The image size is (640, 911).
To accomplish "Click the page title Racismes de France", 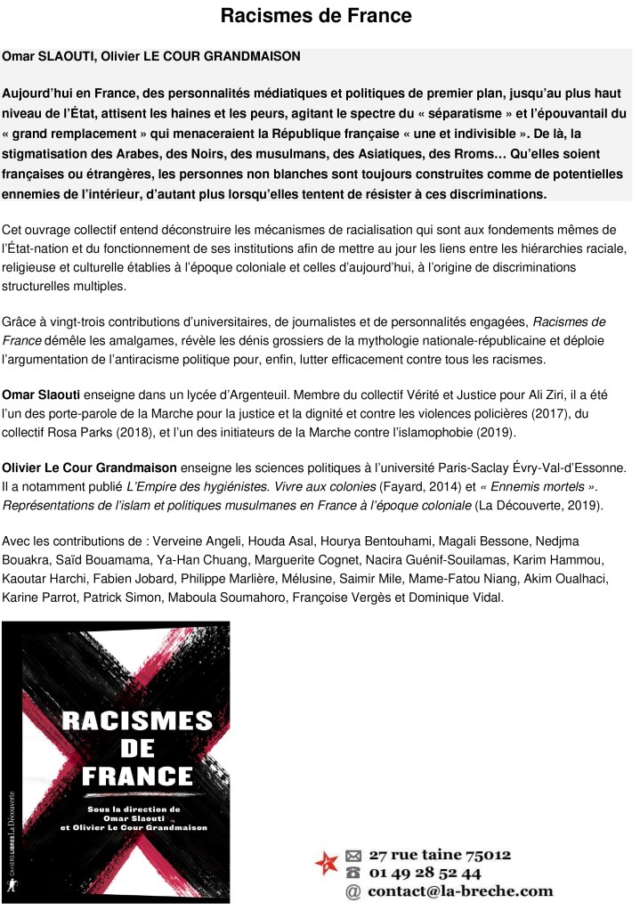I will tap(316, 16).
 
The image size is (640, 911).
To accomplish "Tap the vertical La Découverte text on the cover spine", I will tap(13, 811).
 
